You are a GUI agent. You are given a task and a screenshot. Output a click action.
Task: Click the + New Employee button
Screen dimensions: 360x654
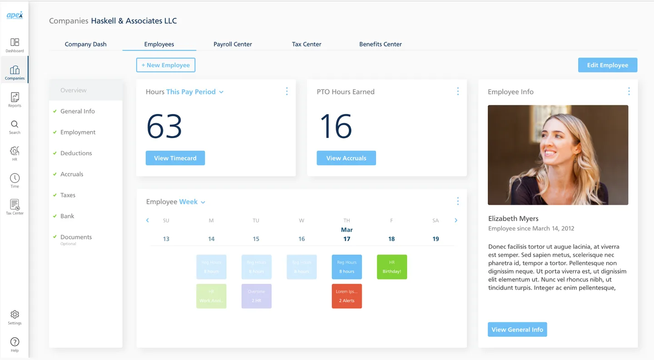point(166,65)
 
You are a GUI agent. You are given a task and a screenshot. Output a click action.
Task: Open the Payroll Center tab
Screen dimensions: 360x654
point(233,44)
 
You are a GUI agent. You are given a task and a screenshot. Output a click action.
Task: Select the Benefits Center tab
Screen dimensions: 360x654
point(380,44)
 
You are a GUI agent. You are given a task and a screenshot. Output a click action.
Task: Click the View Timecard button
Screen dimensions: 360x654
point(175,158)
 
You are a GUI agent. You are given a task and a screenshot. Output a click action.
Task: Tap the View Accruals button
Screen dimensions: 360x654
point(346,158)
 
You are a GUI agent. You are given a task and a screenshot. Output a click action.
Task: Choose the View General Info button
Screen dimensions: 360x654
point(517,330)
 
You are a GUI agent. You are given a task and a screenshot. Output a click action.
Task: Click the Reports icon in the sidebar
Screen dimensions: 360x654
point(15,99)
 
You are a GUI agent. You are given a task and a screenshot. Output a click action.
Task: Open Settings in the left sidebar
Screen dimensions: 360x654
point(15,317)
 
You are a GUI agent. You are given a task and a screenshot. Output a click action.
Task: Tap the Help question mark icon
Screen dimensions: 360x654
point(15,344)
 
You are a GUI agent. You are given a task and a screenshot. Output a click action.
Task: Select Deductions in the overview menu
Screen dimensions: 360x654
point(76,153)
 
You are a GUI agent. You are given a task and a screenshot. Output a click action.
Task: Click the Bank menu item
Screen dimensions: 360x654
point(67,216)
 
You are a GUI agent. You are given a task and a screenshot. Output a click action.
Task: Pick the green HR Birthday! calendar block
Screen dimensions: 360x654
point(391,267)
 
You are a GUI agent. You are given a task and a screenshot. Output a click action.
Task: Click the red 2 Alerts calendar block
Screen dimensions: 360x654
point(347,296)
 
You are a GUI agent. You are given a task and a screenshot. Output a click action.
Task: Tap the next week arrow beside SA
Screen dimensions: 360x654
point(456,220)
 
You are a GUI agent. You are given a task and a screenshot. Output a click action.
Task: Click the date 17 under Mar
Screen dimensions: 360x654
point(347,239)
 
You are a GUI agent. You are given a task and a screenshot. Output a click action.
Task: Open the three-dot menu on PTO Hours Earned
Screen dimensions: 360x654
point(457,92)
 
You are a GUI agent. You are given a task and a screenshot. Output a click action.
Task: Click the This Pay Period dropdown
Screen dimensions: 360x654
point(195,92)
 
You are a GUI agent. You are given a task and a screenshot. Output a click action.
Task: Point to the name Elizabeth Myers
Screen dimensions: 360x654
point(513,218)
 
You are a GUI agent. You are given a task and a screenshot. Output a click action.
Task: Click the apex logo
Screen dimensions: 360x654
point(15,15)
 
